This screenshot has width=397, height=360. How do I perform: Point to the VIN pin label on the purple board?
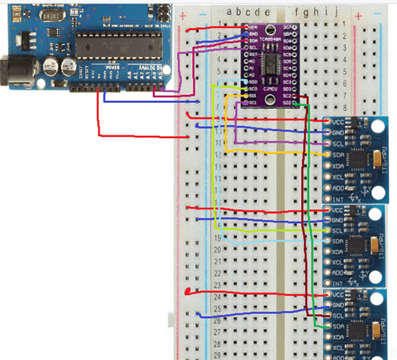pos(253,27)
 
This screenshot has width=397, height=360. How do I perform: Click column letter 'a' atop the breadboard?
pos(228,12)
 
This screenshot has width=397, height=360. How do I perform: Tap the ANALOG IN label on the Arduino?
pos(146,67)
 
